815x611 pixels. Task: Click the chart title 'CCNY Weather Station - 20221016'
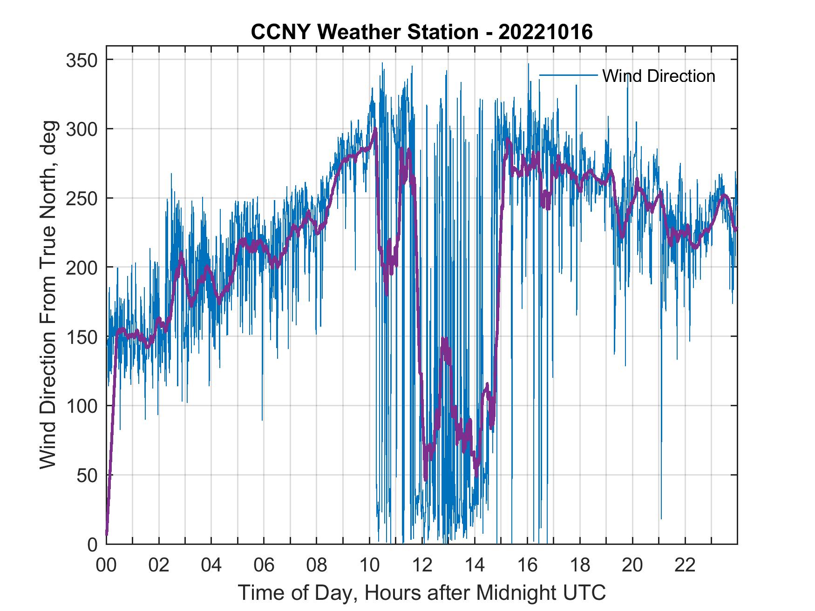tap(421, 32)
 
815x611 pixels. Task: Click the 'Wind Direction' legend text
tap(659, 76)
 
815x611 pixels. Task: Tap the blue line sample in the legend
tap(568, 75)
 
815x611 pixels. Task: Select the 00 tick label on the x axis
tap(106, 565)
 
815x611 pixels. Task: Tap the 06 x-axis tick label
tap(264, 565)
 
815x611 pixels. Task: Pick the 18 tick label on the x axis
tap(580, 565)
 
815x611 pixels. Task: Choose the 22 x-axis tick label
tap(685, 565)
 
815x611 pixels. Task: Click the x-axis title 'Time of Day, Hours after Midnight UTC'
tap(421, 593)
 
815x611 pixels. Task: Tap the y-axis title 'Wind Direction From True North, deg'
tap(48, 295)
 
